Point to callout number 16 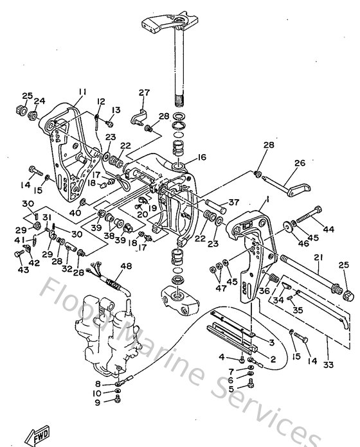202,157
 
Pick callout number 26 299,163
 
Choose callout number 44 329,229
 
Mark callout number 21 317,258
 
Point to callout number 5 231,388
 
